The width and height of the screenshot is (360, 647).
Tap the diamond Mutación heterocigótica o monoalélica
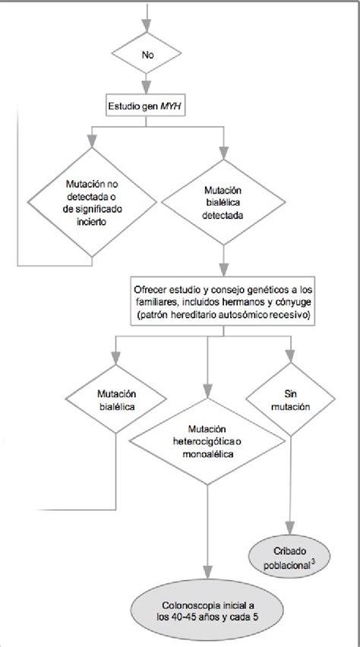207,441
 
